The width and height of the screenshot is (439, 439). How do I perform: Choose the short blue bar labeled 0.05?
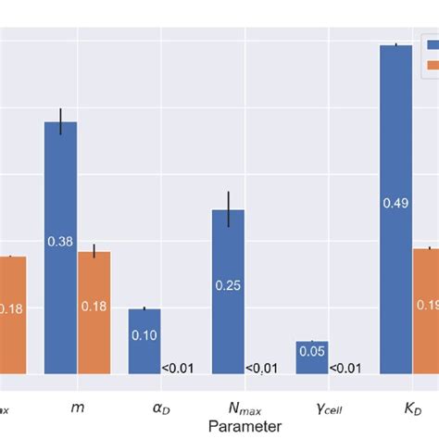point(312,357)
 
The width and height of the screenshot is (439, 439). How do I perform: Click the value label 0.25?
point(228,285)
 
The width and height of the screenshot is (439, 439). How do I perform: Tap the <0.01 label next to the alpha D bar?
point(178,368)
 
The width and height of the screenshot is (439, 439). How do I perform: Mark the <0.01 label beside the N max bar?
point(261,368)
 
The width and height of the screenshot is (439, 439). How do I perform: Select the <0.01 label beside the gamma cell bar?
point(345,368)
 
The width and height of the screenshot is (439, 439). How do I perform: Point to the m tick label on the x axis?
point(77,406)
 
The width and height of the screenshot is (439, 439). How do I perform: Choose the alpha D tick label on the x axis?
point(161,407)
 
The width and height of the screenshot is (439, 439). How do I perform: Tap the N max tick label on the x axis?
point(245,407)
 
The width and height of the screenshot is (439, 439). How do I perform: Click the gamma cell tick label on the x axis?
point(328,407)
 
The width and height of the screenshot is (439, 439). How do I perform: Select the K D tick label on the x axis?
point(412,406)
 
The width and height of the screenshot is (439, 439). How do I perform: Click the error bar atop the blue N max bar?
point(228,209)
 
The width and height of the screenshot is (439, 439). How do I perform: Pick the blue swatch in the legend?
point(432,43)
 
